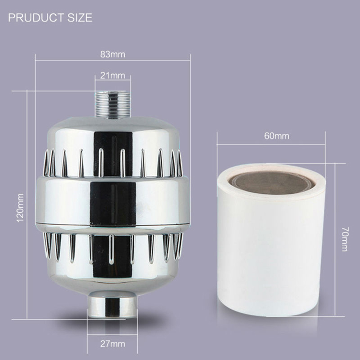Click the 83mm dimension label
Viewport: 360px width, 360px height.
(x=112, y=54)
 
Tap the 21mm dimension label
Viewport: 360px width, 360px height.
(x=112, y=75)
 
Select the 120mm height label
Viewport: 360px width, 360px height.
(x=20, y=208)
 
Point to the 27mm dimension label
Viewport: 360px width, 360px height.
(x=112, y=344)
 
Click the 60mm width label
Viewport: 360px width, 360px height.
(x=276, y=136)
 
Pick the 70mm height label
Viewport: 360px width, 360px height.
(x=345, y=239)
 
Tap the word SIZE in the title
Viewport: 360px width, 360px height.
(x=80, y=18)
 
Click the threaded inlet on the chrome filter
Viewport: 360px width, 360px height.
(x=113, y=105)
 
